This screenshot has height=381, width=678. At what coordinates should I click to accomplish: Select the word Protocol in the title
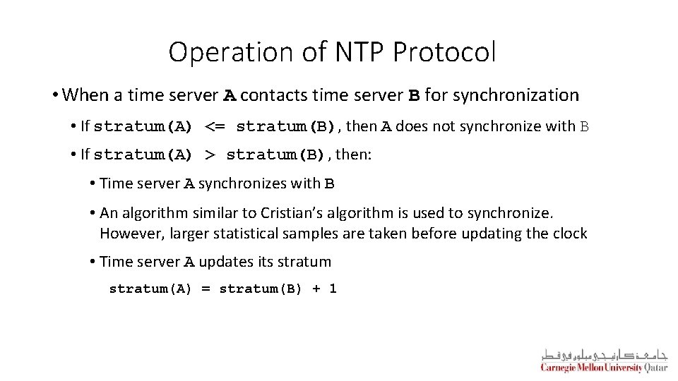445,52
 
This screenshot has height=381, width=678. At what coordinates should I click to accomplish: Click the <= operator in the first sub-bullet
215,127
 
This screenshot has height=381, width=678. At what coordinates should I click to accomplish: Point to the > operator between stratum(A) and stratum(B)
210,155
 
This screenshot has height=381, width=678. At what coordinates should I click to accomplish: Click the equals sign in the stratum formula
206,289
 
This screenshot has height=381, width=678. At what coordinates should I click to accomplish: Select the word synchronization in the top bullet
516,95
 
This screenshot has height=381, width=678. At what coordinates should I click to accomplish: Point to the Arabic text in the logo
604,354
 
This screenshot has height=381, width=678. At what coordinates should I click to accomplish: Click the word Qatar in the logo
656,368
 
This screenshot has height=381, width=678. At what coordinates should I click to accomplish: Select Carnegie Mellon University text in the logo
591,368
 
